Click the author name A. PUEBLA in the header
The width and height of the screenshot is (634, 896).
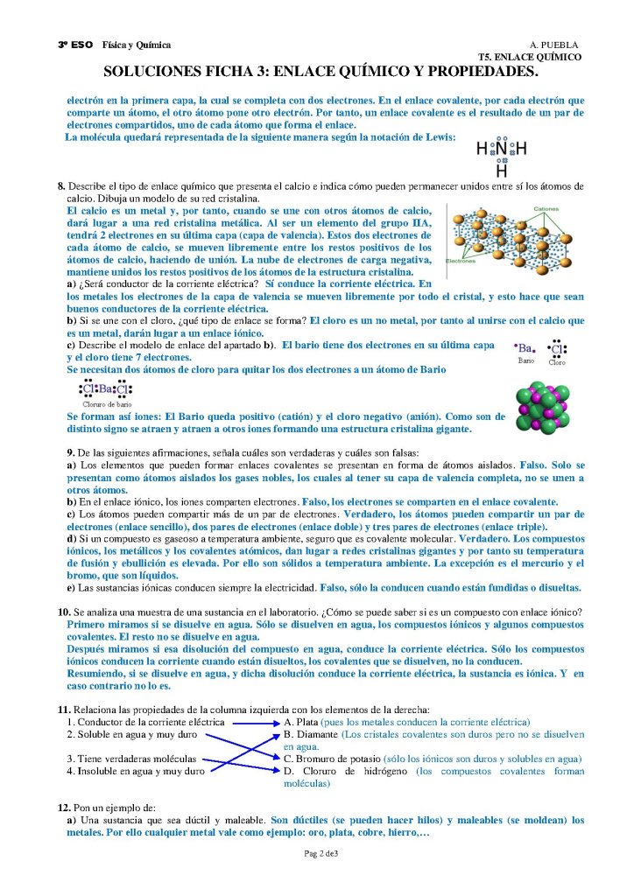553,45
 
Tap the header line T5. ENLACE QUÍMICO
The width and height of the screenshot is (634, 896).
536,56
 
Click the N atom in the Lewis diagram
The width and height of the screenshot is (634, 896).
502,150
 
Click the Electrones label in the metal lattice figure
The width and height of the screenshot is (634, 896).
461,261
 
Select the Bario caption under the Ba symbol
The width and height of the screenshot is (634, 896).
525,360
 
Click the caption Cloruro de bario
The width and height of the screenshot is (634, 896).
107,404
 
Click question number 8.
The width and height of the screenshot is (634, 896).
61,186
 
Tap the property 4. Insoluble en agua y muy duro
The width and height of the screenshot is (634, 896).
136,772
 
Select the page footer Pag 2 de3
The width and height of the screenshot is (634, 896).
321,853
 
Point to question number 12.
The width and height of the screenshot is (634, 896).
63,806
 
